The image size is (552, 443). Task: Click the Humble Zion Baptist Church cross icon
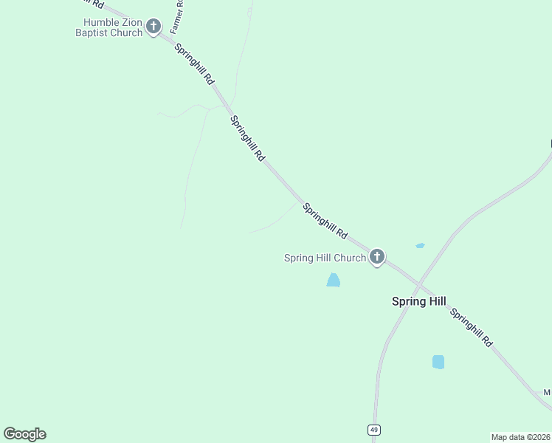[x=153, y=27]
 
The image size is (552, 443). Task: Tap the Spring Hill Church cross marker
[x=376, y=257]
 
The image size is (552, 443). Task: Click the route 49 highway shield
[x=375, y=430]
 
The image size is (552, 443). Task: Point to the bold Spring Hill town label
[x=418, y=301]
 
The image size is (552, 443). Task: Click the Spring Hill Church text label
[x=325, y=258]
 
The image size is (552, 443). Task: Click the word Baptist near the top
[x=92, y=32]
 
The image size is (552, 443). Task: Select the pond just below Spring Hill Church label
[x=334, y=280]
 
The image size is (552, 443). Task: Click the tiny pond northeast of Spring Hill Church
[x=420, y=245]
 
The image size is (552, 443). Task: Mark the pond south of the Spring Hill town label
[x=438, y=362]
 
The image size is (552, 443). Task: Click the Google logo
[x=24, y=434]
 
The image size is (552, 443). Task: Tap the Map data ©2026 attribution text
[x=520, y=437]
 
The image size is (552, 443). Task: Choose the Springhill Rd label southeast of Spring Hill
[x=472, y=327]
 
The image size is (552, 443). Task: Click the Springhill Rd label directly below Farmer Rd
[x=195, y=64]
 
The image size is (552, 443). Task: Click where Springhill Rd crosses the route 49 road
[x=418, y=285]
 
